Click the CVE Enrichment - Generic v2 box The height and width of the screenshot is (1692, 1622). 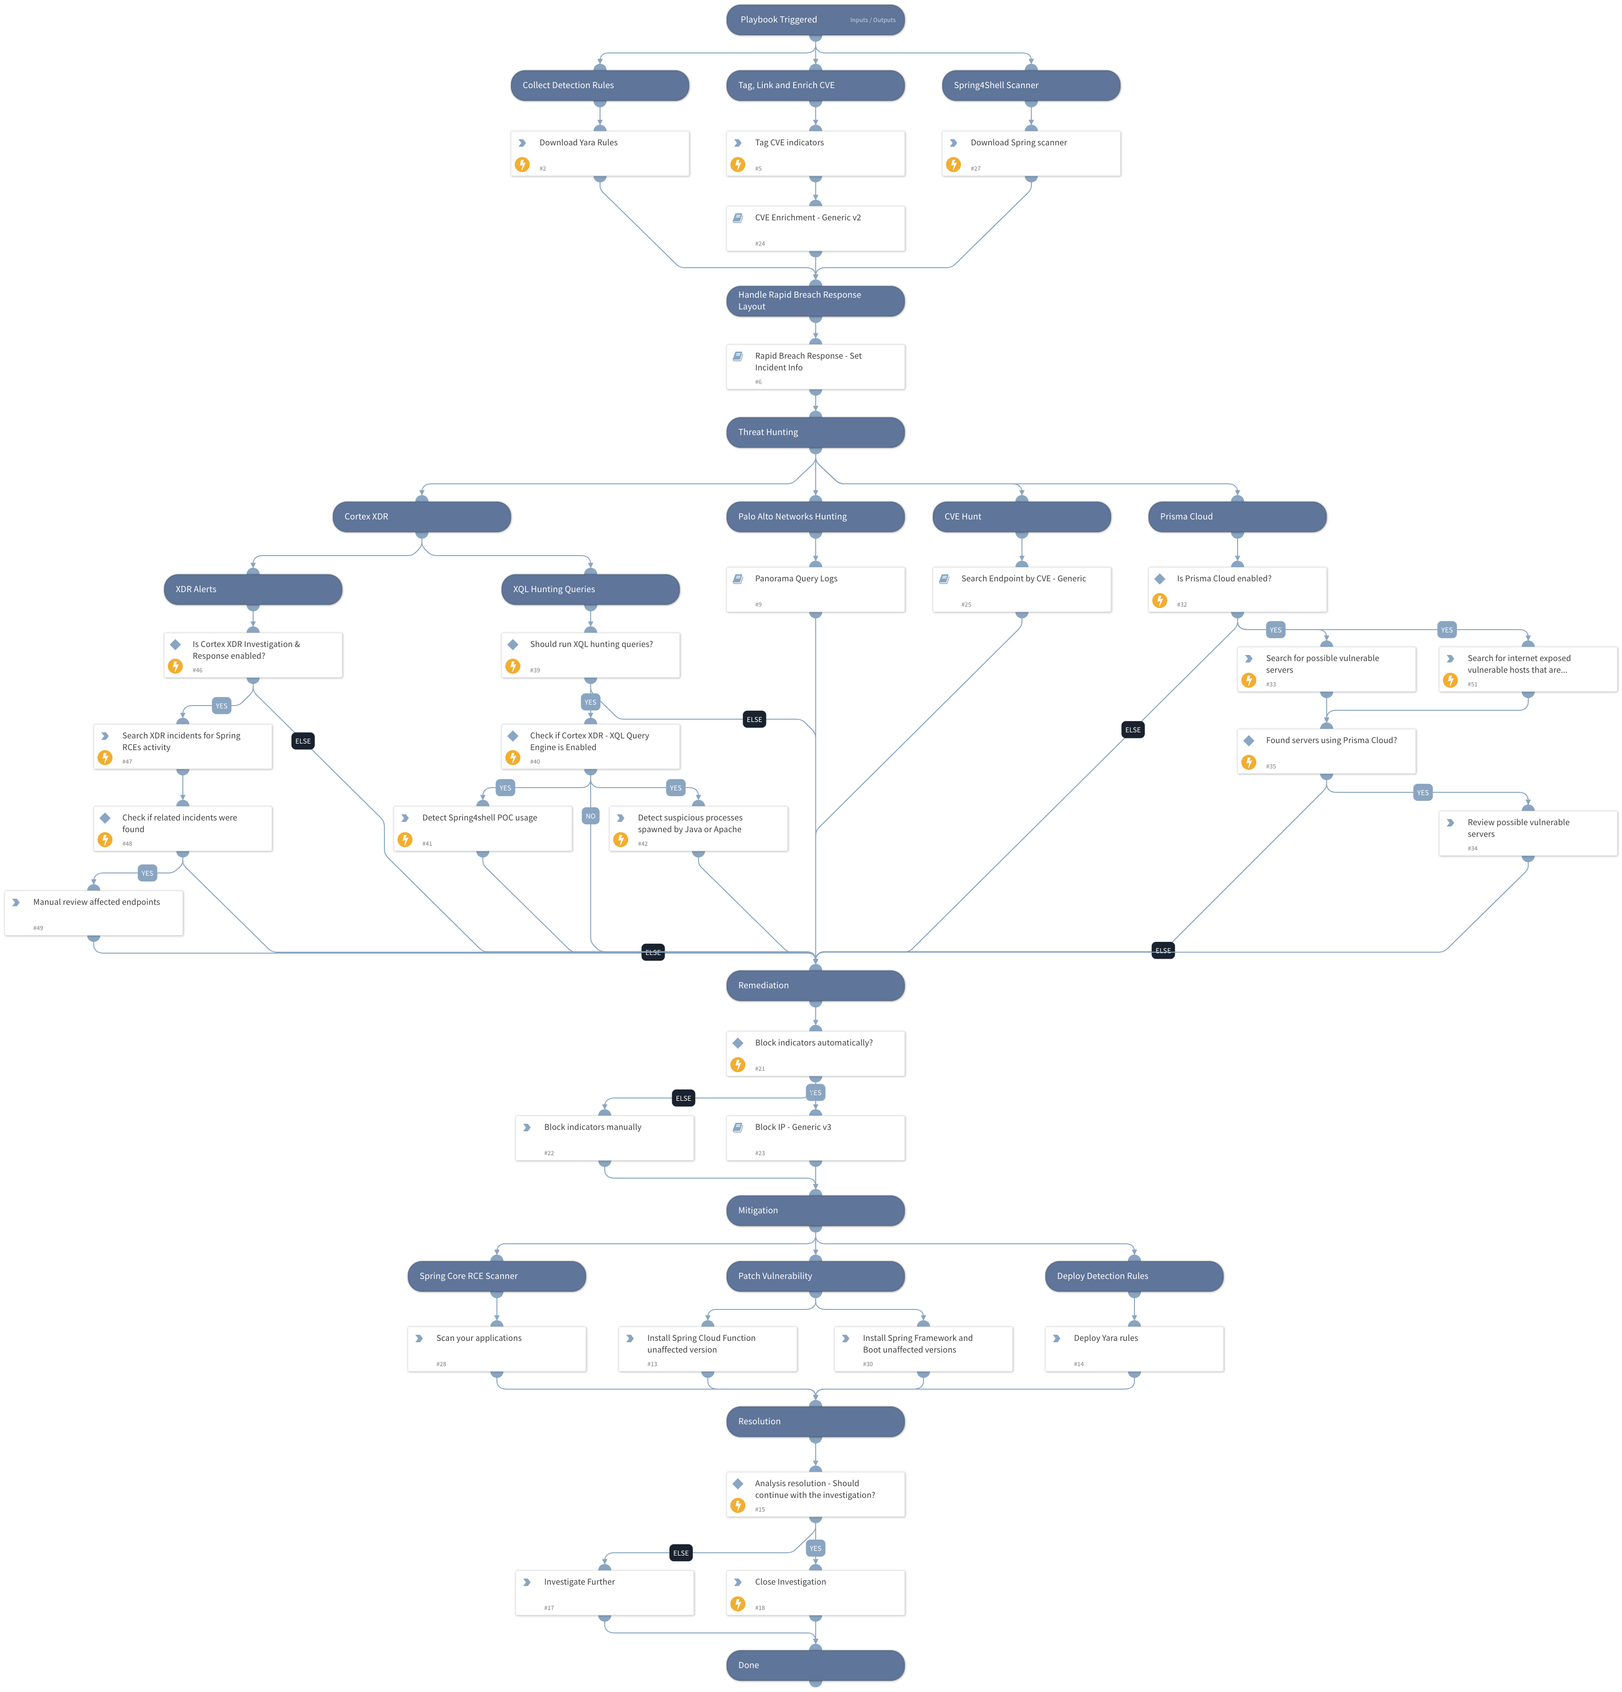click(815, 228)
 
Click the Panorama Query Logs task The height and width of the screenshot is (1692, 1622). click(815, 589)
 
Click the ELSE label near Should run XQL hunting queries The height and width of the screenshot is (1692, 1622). click(754, 719)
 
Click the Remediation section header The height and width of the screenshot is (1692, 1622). click(815, 985)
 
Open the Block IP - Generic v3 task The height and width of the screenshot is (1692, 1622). click(815, 1137)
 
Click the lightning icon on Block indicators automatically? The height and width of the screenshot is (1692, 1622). click(737, 1064)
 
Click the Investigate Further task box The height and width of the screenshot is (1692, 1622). click(604, 1592)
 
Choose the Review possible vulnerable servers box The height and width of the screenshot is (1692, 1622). click(1527, 832)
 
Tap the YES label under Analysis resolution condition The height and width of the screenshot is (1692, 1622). click(815, 1548)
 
